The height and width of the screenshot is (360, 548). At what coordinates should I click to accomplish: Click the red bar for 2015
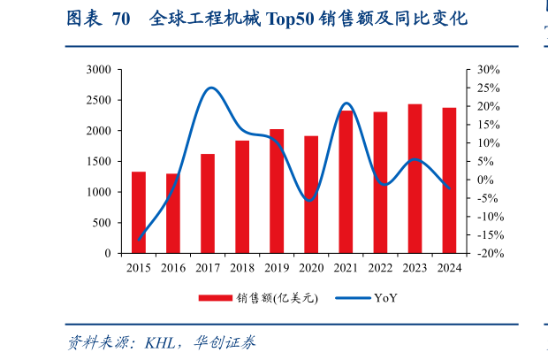[139, 212]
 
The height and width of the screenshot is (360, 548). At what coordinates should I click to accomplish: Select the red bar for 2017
[208, 203]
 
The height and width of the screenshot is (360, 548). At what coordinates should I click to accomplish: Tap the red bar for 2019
[277, 191]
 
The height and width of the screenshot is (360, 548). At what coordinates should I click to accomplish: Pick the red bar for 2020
[311, 195]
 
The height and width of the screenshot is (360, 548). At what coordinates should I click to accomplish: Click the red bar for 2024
[449, 180]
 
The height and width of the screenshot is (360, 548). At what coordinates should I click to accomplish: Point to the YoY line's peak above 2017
[210, 88]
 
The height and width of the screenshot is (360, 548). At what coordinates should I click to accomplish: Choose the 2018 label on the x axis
[242, 267]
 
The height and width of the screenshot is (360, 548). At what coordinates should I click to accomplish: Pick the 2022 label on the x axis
[380, 267]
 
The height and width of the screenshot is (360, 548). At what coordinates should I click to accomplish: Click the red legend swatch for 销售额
[214, 298]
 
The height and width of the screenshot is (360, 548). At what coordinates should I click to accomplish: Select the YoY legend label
[385, 298]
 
